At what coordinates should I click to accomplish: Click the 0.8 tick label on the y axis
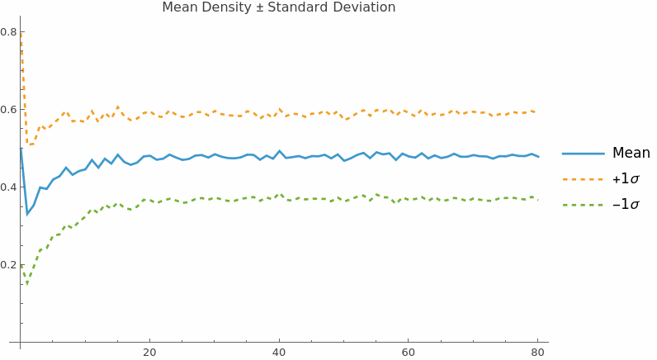(8, 32)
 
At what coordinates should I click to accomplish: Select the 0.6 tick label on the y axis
(8, 110)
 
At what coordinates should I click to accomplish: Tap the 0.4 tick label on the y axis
(8, 187)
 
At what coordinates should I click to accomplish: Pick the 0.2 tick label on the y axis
(8, 265)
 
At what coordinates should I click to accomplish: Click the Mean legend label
(631, 153)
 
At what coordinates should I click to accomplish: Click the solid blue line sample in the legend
(583, 154)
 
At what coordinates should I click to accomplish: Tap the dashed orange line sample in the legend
(583, 178)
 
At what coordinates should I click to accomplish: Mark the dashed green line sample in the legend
(583, 204)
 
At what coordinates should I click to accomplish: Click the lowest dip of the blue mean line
(27, 215)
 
